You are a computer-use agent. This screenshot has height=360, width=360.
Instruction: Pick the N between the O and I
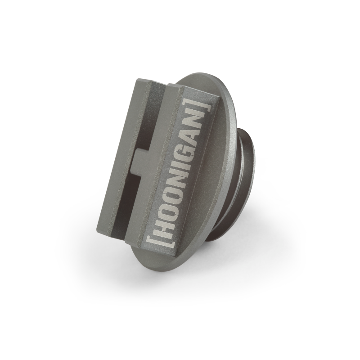(x=174, y=180)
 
